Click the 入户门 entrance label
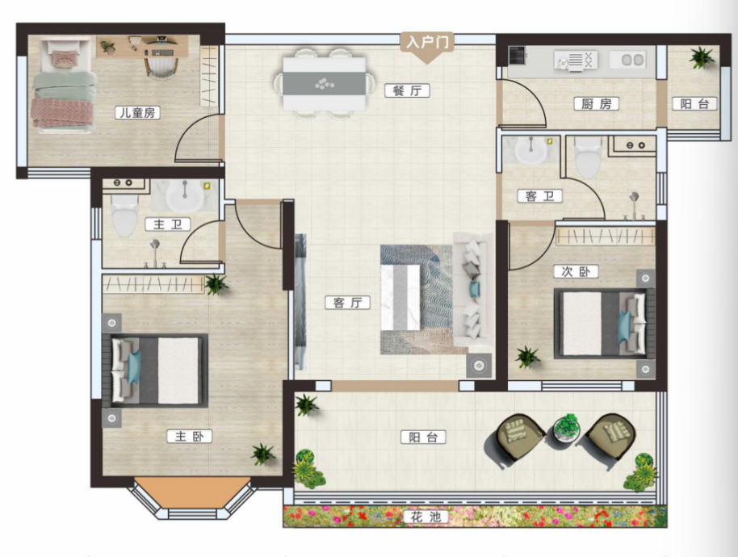[427, 42]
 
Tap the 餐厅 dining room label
[407, 90]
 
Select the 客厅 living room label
[347, 303]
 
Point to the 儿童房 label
[137, 112]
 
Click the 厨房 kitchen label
[597, 103]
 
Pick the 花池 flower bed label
[426, 517]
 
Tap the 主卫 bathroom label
[168, 224]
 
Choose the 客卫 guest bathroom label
[540, 195]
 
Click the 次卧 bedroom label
[576, 271]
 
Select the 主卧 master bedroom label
[189, 436]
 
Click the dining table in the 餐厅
[325, 84]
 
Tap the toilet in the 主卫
[124, 215]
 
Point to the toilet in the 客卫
[588, 157]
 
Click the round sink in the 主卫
[185, 195]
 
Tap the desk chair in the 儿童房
[161, 65]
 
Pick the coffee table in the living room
[400, 298]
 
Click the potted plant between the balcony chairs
[567, 428]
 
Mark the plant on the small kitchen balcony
[701, 57]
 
